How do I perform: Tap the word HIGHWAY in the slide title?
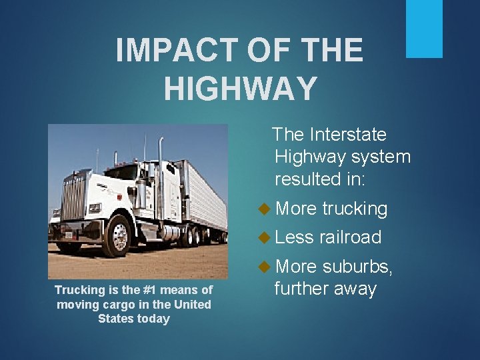pos(240,89)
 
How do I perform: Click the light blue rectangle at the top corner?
pos(424,29)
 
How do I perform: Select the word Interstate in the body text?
pos(348,135)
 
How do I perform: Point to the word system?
pos(381,157)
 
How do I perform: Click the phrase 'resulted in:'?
pos(325,179)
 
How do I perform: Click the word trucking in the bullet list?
pos(354,209)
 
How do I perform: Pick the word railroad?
pos(350,237)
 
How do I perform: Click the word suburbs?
pos(357,267)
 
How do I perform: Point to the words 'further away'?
pos(325,289)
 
